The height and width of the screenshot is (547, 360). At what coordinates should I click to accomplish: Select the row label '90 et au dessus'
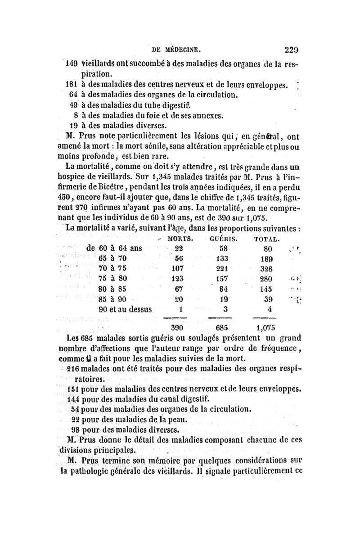coord(125,310)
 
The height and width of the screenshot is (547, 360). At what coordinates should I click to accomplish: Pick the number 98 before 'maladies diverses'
coord(75,429)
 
